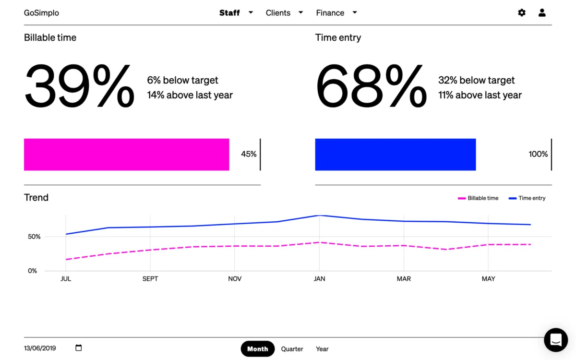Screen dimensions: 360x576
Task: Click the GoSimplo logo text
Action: tap(41, 13)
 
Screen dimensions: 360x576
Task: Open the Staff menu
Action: tap(235, 13)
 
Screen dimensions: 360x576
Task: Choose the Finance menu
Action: tap(336, 13)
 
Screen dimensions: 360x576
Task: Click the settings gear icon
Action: tap(522, 13)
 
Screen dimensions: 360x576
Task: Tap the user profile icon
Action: tap(542, 13)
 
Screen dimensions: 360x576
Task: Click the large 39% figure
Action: tap(80, 87)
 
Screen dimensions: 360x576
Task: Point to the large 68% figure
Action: tap(371, 87)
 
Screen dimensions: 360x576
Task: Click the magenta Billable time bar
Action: tap(126, 155)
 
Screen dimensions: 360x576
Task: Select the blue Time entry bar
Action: tap(395, 155)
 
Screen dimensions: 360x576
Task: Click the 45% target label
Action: tap(249, 154)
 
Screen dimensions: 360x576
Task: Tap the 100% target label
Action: tap(538, 154)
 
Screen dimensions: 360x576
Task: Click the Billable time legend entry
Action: tap(479, 198)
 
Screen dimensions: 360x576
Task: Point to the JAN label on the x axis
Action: tap(319, 279)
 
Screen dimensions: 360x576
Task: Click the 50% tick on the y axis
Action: tap(34, 237)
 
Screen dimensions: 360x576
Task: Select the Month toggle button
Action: tap(257, 349)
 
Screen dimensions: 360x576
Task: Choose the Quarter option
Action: tap(292, 349)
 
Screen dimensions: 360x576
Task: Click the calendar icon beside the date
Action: tap(79, 348)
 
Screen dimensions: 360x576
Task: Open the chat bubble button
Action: tap(556, 340)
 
